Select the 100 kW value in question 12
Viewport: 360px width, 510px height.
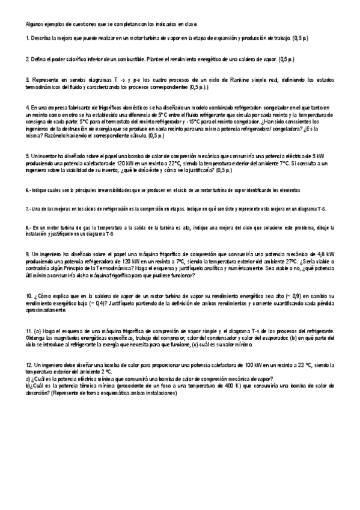point(254,366)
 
